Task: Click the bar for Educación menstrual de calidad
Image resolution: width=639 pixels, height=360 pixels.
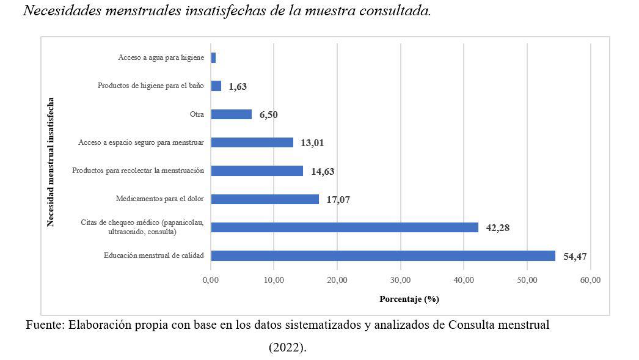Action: (x=383, y=255)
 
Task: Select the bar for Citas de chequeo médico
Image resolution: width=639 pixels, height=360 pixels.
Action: (x=345, y=227)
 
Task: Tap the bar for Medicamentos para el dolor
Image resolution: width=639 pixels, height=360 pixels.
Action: (x=265, y=199)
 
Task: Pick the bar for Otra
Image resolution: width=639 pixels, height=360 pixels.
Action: (x=231, y=114)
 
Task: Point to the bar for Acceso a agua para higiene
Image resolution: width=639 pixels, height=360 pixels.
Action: (x=213, y=57)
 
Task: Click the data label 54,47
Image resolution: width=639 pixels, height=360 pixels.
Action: (x=575, y=257)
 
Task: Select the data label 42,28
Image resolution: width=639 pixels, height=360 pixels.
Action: (x=497, y=228)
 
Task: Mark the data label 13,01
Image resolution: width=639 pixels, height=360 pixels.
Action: (x=312, y=143)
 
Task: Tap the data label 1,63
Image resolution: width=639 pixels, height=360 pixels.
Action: (x=238, y=87)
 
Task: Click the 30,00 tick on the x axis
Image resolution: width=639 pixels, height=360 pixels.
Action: (x=401, y=281)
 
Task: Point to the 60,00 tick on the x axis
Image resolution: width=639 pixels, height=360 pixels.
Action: (x=591, y=281)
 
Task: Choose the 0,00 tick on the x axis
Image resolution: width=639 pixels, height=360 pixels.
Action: (x=211, y=281)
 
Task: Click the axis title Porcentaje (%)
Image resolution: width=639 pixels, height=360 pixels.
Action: (x=409, y=299)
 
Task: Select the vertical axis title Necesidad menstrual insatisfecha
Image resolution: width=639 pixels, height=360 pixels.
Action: (x=51, y=161)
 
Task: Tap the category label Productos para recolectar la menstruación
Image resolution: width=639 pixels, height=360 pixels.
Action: (x=137, y=171)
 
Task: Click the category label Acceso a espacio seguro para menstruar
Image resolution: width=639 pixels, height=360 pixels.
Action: (x=141, y=142)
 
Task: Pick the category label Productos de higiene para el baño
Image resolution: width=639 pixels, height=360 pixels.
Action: (x=150, y=86)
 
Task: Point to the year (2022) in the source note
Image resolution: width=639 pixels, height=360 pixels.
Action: (x=287, y=347)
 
